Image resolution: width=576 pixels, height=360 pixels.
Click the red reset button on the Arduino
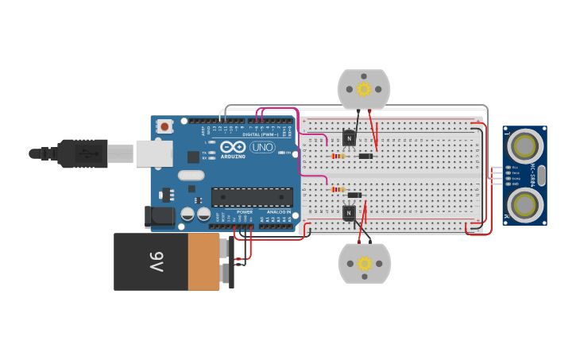coord(164,126)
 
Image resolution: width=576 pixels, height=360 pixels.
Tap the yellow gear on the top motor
coord(364,89)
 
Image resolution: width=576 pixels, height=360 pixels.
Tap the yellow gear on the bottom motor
coord(365,263)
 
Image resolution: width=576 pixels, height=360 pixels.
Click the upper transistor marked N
coord(348,138)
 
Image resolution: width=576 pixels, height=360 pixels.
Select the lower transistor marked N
coord(349,212)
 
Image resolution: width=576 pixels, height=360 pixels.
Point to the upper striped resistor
coord(338,156)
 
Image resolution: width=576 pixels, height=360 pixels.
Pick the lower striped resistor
coord(338,189)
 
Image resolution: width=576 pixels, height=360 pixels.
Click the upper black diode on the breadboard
coord(365,156)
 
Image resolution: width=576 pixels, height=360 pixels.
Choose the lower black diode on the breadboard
coord(354,195)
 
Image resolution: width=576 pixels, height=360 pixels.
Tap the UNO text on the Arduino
coord(262,147)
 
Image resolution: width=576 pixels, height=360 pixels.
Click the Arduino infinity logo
coord(234,147)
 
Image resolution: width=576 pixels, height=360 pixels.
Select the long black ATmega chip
coord(251,197)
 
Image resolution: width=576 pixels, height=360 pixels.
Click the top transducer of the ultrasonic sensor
coord(524,145)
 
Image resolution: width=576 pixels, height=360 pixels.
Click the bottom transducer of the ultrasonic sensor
coord(524,205)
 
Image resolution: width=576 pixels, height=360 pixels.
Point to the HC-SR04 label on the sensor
coord(542,175)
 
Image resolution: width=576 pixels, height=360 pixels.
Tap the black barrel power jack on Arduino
coord(159,216)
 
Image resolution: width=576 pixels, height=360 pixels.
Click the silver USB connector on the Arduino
coord(153,153)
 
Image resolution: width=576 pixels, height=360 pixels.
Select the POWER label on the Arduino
coord(245,212)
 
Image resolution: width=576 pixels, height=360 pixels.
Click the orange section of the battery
coord(203,261)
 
